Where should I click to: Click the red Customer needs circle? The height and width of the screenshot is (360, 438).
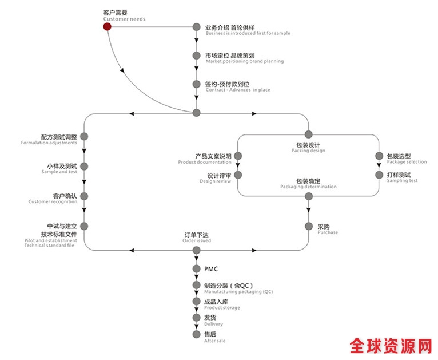coord(107,26)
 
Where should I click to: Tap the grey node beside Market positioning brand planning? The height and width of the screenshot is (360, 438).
coord(197,56)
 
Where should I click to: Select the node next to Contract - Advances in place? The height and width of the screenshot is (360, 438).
coord(197,84)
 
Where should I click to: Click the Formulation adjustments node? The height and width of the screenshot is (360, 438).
coord(84,136)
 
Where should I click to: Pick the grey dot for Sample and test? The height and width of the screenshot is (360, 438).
coord(84,166)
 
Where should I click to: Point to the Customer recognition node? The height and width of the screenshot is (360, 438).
coord(84,196)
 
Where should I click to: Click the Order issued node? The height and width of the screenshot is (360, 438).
coord(197,250)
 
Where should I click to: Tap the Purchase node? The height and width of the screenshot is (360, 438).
coord(309,226)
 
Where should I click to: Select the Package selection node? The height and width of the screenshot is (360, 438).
coord(379,156)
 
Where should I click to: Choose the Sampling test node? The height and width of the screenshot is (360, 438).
coord(379,175)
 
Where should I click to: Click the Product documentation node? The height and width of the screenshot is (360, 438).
coord(238,156)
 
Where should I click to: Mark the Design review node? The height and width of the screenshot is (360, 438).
coord(238,175)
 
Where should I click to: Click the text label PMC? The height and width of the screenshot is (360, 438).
coord(211,268)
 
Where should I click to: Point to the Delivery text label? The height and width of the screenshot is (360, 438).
coord(213,324)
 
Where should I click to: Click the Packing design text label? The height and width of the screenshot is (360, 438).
coord(308,151)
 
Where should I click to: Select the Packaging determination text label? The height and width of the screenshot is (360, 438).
coord(308,187)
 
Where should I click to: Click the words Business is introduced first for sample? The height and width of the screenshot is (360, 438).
coord(248,33)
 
